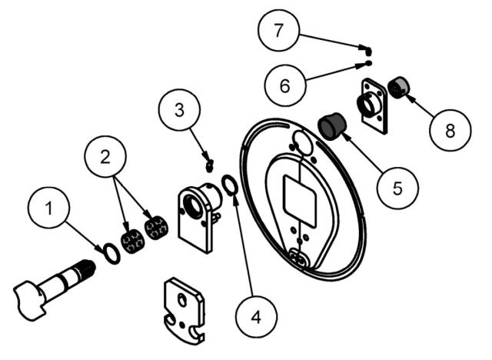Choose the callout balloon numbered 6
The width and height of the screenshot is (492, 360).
click(285, 84)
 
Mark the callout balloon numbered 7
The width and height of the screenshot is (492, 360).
click(279, 32)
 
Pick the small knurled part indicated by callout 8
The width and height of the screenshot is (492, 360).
click(399, 89)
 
